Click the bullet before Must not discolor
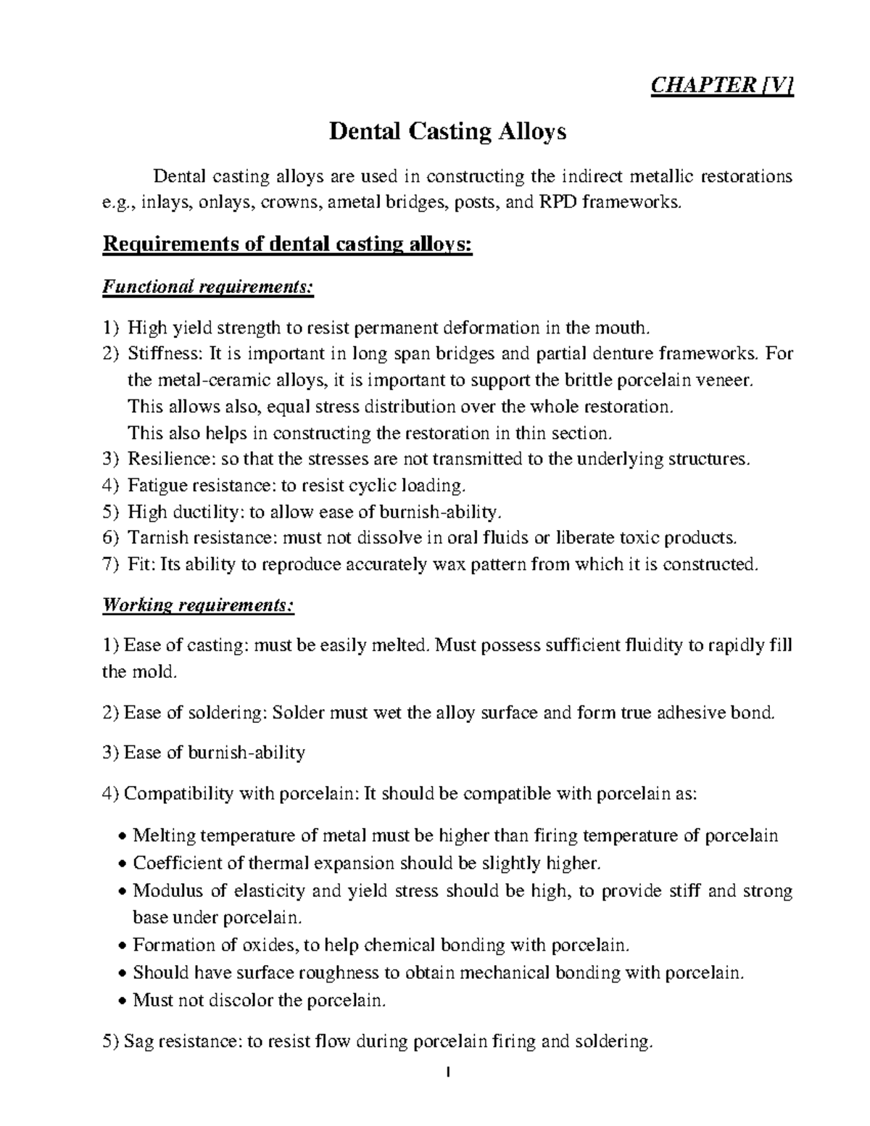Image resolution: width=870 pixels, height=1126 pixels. pyautogui.click(x=123, y=1002)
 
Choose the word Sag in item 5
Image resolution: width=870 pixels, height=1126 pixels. pyautogui.click(x=139, y=1043)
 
